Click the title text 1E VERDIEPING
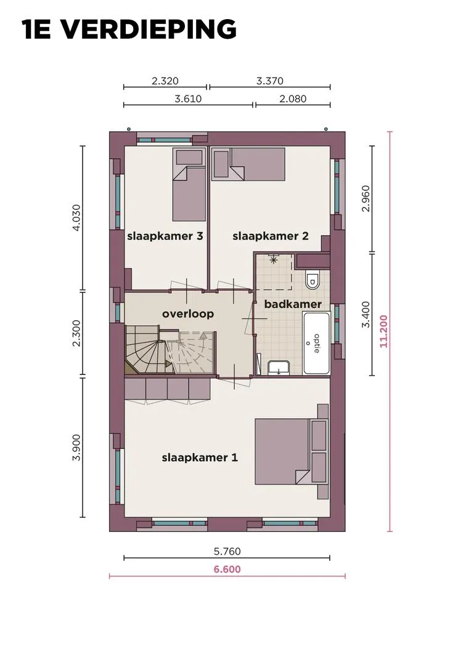(x=129, y=30)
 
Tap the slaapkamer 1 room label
(x=200, y=457)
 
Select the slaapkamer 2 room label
(x=271, y=236)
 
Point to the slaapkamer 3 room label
(x=165, y=236)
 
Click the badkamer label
(x=293, y=304)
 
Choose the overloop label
(x=188, y=314)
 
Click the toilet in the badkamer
(x=313, y=279)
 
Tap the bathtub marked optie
(x=317, y=343)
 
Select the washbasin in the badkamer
(x=279, y=368)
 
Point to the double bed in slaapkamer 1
(x=292, y=452)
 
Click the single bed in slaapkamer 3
(x=189, y=185)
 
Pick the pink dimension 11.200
(x=383, y=331)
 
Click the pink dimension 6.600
(x=227, y=569)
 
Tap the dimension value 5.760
(x=227, y=551)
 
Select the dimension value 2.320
(x=165, y=81)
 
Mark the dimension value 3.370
(x=270, y=81)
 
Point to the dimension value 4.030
(x=76, y=217)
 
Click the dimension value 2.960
(x=366, y=198)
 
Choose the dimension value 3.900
(x=76, y=448)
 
